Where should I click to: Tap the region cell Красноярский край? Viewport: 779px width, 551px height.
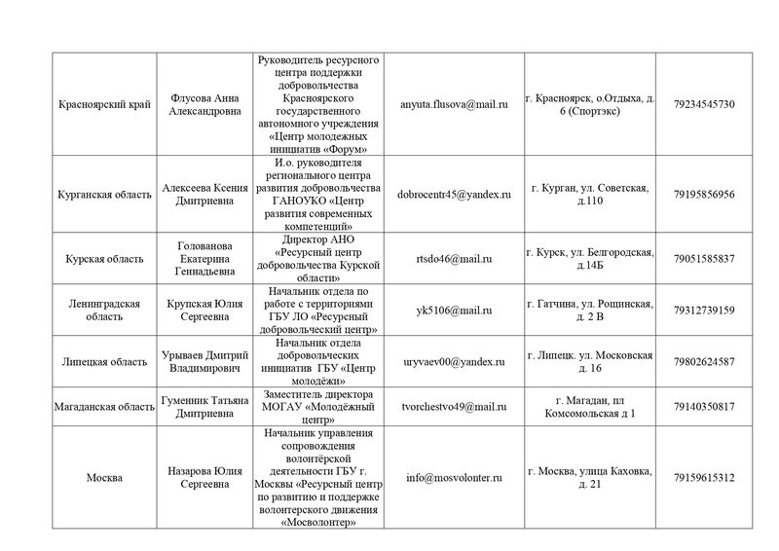coord(104,104)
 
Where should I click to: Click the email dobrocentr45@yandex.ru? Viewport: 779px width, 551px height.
coord(455,194)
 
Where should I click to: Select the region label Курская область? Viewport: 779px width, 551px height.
coord(104,258)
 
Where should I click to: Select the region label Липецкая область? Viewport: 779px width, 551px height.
coord(104,361)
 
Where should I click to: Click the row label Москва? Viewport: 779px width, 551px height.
coord(104,478)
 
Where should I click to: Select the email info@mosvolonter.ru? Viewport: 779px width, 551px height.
coord(455,478)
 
